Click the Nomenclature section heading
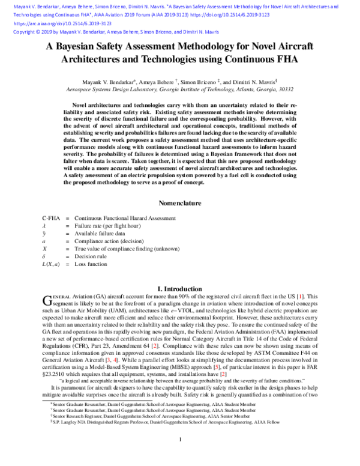point(180,204)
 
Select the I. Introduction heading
point(180,289)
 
